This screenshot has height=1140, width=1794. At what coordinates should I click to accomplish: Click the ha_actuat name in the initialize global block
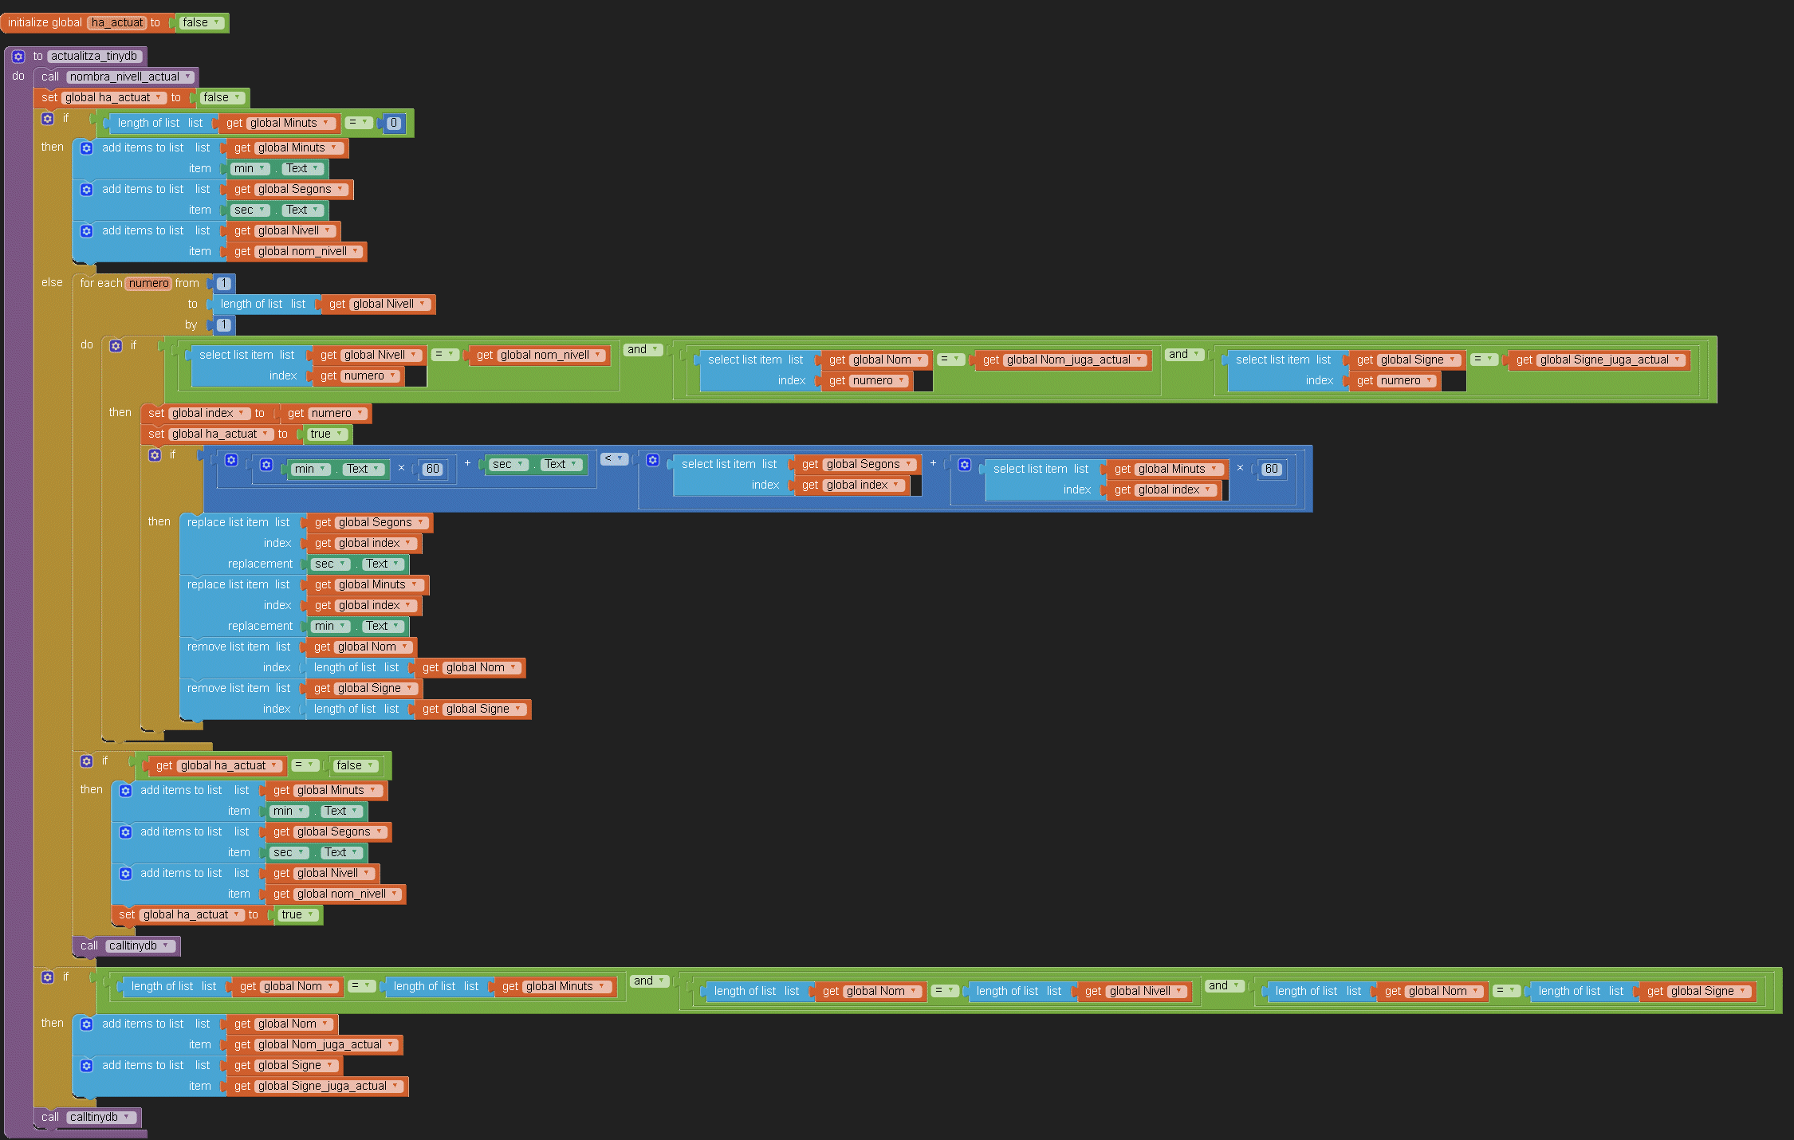tap(116, 22)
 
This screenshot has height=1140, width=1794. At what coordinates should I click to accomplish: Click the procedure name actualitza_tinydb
tap(94, 56)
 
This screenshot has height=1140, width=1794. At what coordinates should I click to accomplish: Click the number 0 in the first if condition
tap(394, 123)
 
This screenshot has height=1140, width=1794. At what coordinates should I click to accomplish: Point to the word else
tap(52, 282)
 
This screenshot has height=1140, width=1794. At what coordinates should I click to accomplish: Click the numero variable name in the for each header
tap(148, 283)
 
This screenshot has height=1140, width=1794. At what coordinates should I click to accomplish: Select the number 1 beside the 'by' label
tap(224, 324)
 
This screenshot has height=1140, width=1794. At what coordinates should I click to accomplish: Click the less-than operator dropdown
tap(614, 458)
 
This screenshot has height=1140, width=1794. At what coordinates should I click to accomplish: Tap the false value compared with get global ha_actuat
tap(354, 765)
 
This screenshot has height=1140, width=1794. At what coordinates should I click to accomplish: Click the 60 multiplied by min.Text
tap(432, 469)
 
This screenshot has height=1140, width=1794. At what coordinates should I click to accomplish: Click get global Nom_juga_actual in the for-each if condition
tap(1063, 360)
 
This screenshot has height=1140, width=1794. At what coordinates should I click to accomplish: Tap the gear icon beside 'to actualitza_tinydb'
tap(18, 57)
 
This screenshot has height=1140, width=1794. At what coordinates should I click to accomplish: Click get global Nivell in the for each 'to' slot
tap(378, 304)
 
